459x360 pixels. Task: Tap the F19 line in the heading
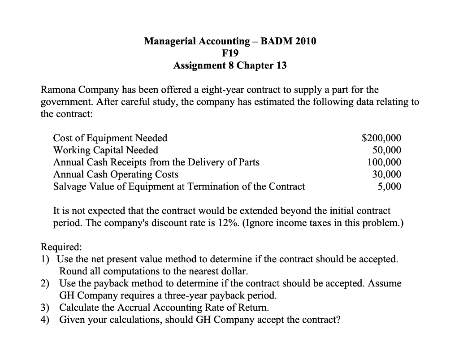click(x=230, y=53)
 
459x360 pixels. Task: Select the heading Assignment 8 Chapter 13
click(x=230, y=65)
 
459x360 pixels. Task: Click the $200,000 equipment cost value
click(x=381, y=138)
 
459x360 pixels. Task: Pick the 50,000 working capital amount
click(x=387, y=150)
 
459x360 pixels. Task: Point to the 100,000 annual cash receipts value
click(x=384, y=162)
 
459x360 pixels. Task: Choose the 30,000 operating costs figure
click(x=387, y=174)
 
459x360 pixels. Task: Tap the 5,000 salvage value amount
click(x=389, y=187)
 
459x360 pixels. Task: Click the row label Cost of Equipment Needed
click(x=110, y=138)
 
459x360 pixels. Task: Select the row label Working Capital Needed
click(x=105, y=150)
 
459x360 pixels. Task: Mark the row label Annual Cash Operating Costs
click(x=116, y=174)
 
